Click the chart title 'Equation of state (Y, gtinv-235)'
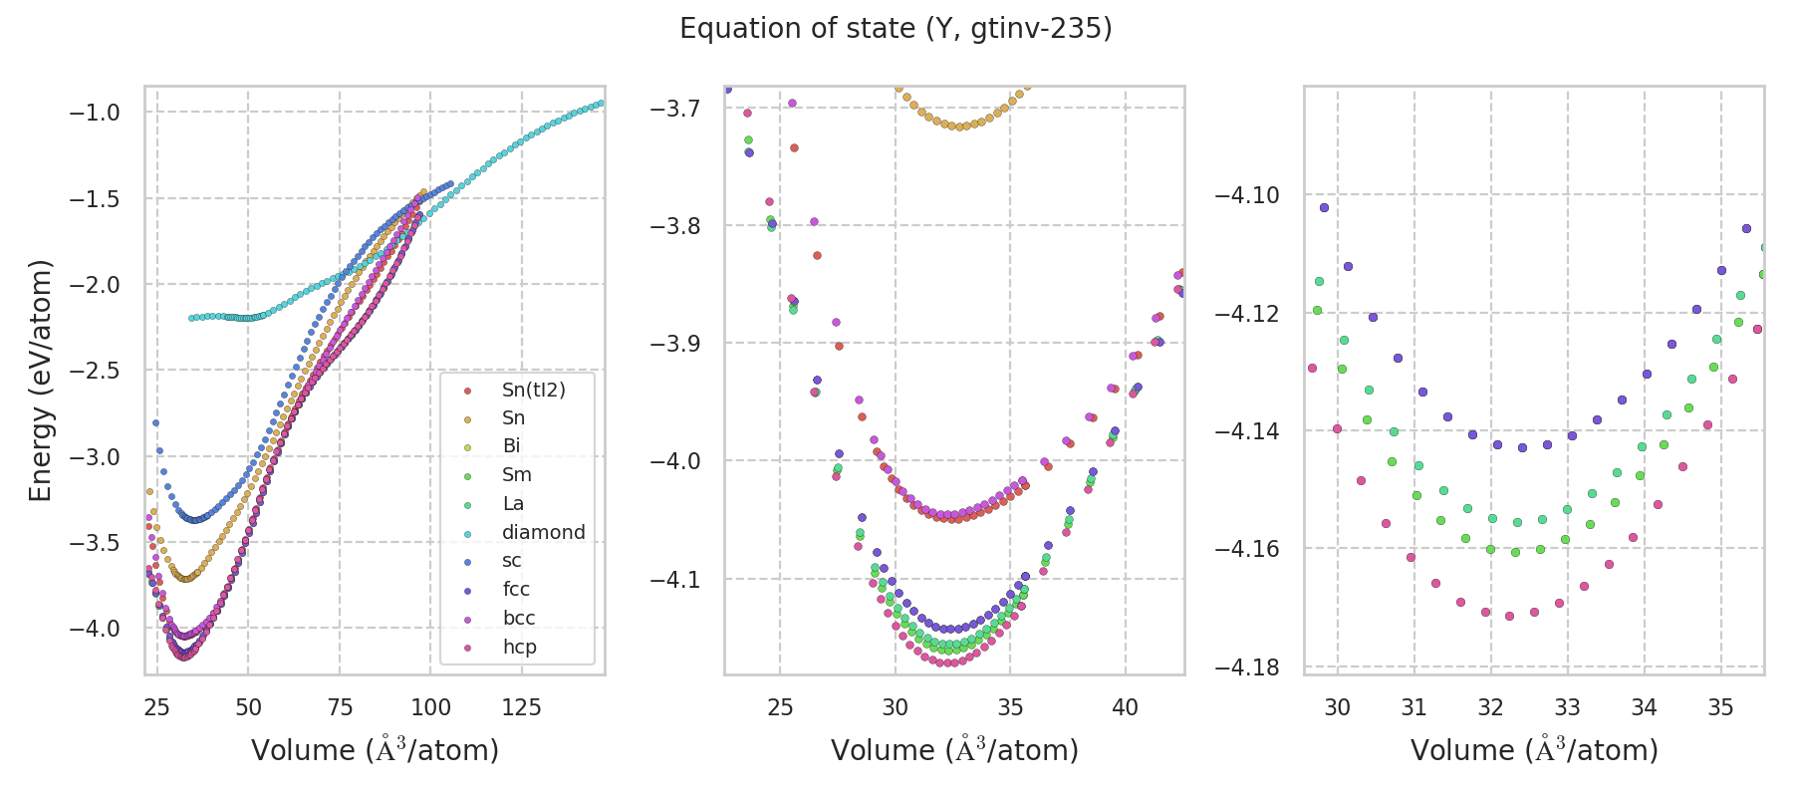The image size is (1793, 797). pyautogui.click(x=896, y=29)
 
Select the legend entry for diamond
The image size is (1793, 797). pyautogui.click(x=543, y=532)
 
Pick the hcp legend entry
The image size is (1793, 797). pyautogui.click(x=519, y=647)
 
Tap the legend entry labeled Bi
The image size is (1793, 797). pyautogui.click(x=511, y=446)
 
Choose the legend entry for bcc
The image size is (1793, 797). pyautogui.click(x=519, y=618)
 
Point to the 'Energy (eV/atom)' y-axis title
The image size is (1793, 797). pyautogui.click(x=40, y=381)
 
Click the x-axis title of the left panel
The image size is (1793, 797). pyautogui.click(x=375, y=750)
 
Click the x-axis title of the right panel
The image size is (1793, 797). pyautogui.click(x=1534, y=750)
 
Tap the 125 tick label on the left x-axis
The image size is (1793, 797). pyautogui.click(x=522, y=707)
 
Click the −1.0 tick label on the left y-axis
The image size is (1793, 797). pyautogui.click(x=95, y=113)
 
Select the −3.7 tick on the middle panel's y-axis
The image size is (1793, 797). pyautogui.click(x=674, y=108)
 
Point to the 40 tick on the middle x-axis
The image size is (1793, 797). pyautogui.click(x=1126, y=707)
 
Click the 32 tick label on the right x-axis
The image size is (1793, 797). pyautogui.click(x=1490, y=707)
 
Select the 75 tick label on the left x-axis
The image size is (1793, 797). pyautogui.click(x=340, y=707)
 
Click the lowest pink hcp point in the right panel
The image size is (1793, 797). pyautogui.click(x=1509, y=616)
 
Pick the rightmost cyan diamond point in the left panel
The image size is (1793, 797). pyautogui.click(x=600, y=103)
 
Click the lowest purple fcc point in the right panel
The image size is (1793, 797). pyautogui.click(x=1522, y=447)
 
